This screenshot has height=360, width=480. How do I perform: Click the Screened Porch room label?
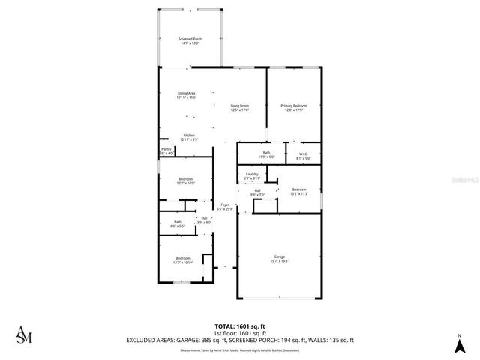[190, 40]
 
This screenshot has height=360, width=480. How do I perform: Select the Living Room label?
[239, 108]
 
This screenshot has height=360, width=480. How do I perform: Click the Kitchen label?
[190, 137]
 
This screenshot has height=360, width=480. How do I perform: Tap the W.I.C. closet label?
[303, 155]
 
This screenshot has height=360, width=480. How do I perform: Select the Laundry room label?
[252, 175]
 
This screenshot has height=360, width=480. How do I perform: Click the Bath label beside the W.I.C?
[266, 154]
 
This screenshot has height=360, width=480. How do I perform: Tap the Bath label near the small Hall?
[178, 223]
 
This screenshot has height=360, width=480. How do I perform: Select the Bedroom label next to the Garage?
[298, 190]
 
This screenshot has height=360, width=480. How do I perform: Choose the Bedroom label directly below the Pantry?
[186, 180]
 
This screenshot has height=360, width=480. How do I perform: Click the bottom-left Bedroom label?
[183, 259]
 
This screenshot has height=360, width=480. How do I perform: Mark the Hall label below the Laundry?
[257, 193]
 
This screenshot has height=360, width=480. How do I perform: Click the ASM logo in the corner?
[24, 335]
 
